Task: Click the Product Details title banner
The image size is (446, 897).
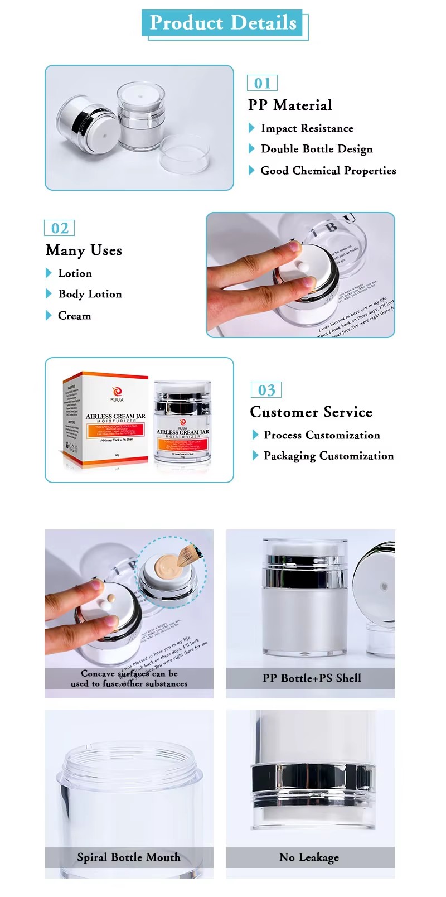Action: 223,23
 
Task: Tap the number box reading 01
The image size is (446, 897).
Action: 262,83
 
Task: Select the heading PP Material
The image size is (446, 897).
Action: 290,105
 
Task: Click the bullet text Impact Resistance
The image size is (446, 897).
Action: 307,128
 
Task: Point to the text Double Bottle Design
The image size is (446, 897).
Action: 316,149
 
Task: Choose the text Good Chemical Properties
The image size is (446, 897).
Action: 328,171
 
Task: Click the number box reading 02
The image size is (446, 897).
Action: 60,228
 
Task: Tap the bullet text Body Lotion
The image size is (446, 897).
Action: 90,294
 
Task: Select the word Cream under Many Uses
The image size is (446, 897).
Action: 74,316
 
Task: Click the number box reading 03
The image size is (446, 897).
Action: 266,390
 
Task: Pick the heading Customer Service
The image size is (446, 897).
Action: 311,412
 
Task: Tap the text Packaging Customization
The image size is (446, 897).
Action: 328,456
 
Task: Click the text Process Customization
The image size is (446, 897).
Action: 322,435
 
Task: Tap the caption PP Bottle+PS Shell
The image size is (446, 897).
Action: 311,678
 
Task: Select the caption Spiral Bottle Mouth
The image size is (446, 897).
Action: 129,857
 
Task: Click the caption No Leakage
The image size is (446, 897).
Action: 309,857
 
